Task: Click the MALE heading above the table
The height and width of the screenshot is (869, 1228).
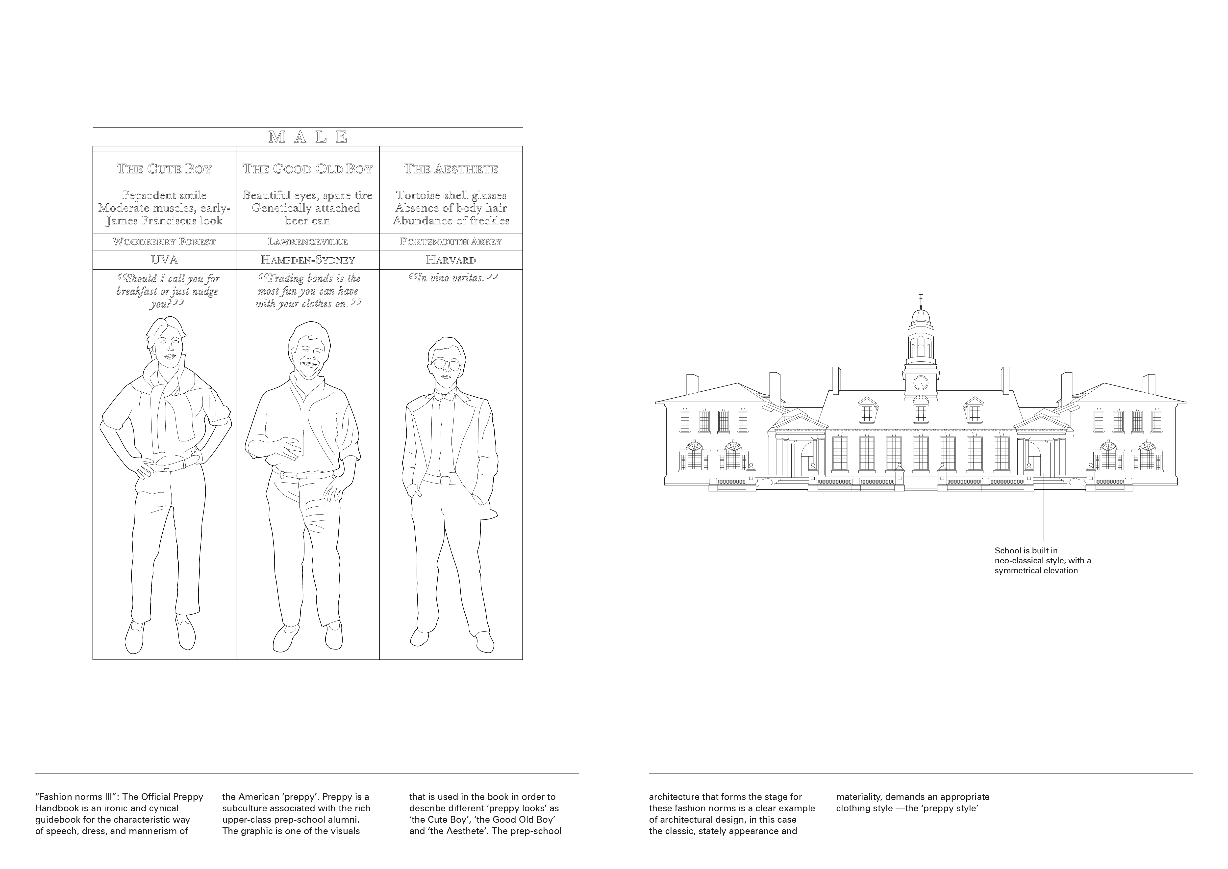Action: [307, 137]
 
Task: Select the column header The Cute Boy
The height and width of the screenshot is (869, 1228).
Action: [164, 169]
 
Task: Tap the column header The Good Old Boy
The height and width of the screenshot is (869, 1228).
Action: [307, 169]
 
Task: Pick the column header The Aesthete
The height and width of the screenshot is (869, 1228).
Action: [451, 169]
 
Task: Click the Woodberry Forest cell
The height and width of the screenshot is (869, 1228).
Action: [164, 242]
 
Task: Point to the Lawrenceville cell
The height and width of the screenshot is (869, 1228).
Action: [307, 242]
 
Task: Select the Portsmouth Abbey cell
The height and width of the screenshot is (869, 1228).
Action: [451, 242]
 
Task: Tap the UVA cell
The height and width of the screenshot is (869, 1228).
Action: [164, 260]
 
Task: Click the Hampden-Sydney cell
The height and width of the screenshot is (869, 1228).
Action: [307, 260]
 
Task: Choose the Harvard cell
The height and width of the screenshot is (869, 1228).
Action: [451, 260]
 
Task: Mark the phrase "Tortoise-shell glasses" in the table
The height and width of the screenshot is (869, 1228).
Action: [451, 195]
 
